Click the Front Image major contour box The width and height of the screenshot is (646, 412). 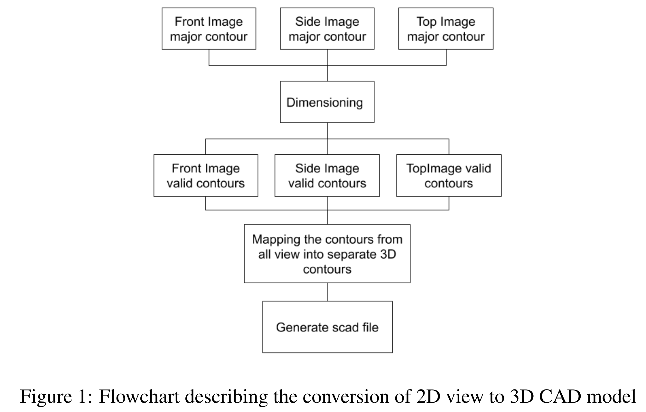click(x=209, y=29)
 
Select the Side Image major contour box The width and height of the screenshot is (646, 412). click(x=327, y=29)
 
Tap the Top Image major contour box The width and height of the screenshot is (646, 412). click(x=445, y=29)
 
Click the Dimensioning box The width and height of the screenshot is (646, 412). click(x=327, y=102)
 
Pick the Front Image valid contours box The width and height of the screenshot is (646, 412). click(x=206, y=176)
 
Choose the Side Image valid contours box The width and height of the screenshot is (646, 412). click(x=327, y=176)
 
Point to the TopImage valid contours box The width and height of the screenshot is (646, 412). click(x=449, y=176)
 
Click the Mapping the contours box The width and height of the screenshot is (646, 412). click(x=327, y=254)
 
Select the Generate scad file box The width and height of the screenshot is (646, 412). click(x=327, y=327)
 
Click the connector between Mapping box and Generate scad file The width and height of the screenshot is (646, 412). click(x=327, y=292)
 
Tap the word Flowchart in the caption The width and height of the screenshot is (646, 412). click(x=139, y=396)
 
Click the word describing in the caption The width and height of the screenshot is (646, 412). click(x=226, y=396)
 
